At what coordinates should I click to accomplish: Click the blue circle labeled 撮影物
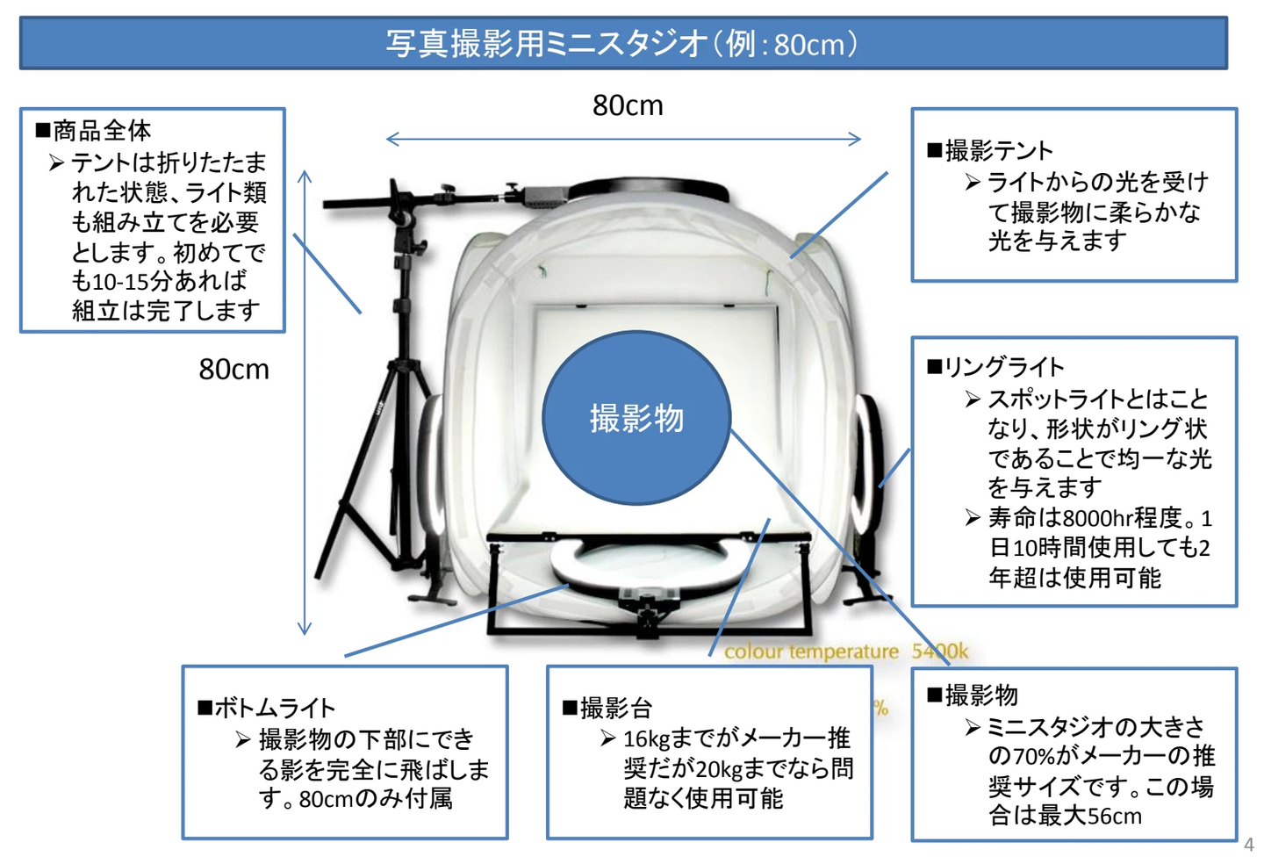click(x=636, y=418)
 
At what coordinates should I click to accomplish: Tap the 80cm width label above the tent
click(x=628, y=105)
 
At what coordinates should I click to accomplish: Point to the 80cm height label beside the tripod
click(x=233, y=370)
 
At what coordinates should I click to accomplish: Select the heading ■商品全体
click(x=94, y=131)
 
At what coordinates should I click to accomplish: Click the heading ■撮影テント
click(x=990, y=151)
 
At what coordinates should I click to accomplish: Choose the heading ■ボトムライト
click(x=267, y=708)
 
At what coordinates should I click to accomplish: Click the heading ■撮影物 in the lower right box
click(x=973, y=695)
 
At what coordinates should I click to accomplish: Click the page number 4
click(x=1248, y=845)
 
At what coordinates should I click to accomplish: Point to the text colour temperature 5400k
click(x=846, y=652)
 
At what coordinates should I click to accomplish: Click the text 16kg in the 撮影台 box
click(x=646, y=739)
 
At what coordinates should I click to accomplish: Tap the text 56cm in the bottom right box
click(x=1115, y=817)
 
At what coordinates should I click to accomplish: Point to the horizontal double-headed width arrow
click(x=623, y=139)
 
